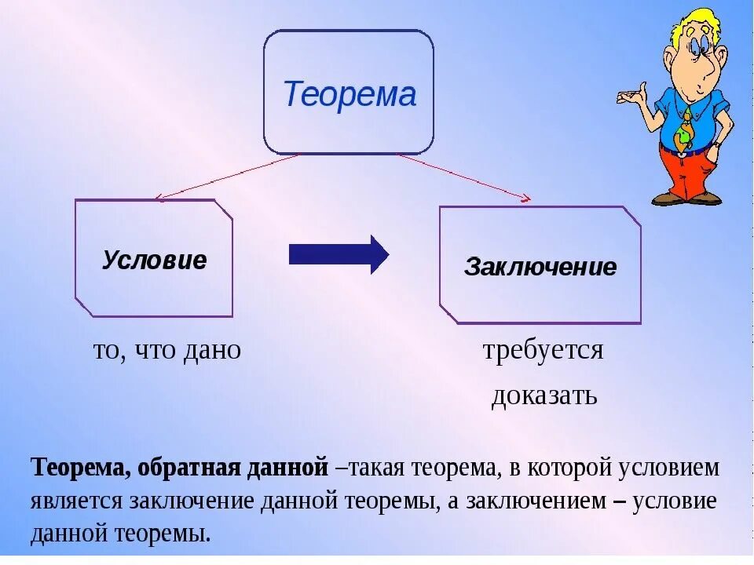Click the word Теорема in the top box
point(349,95)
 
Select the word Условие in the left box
point(154,260)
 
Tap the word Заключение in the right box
point(540,268)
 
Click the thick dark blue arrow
point(339,254)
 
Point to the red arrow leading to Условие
point(228,177)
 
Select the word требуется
point(543,350)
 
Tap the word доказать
point(544,395)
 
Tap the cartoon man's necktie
point(685,129)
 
